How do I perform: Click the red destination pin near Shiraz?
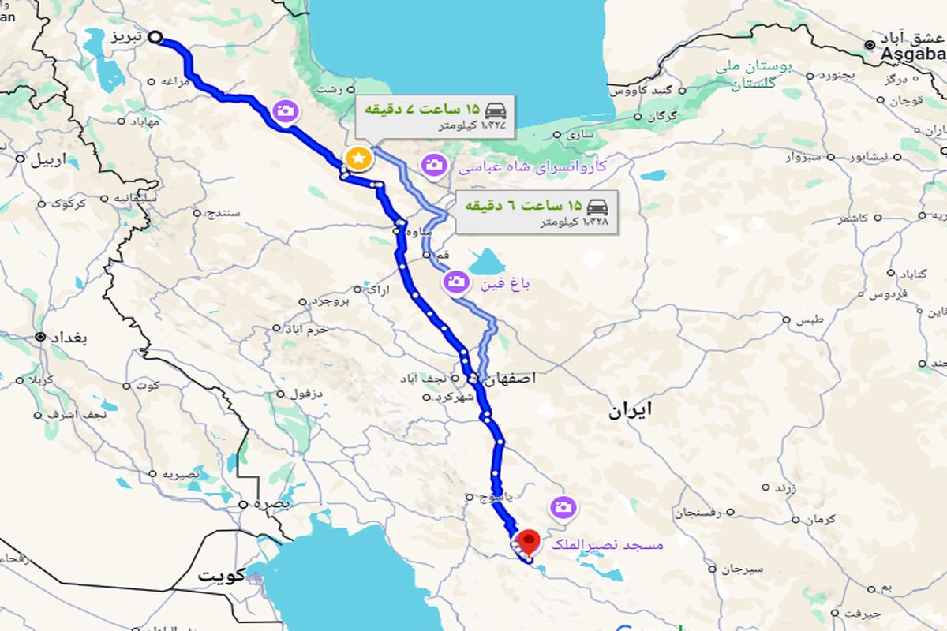click(526, 541)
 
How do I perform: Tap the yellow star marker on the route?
click(358, 158)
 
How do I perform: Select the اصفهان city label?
click(511, 379)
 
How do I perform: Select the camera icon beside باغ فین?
click(455, 281)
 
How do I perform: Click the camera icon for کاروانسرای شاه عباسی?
click(433, 165)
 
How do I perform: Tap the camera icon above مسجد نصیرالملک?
click(563, 506)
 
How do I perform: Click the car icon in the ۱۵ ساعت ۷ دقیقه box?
click(496, 109)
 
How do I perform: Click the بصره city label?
click(275, 503)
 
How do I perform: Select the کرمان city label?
click(821, 521)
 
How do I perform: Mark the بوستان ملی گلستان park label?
click(754, 75)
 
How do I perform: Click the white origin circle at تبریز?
click(155, 36)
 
